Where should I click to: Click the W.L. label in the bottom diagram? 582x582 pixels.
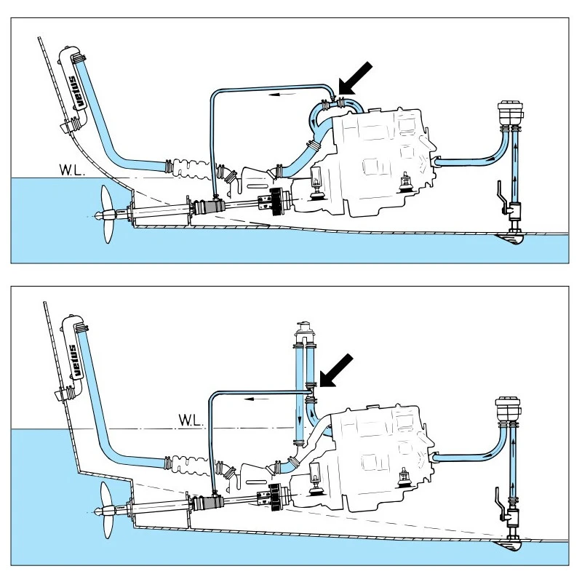click(191, 420)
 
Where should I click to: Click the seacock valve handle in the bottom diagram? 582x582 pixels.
click(500, 498)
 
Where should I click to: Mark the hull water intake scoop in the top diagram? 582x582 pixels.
click(515, 237)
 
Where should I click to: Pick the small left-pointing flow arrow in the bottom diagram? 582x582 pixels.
click(255, 399)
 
